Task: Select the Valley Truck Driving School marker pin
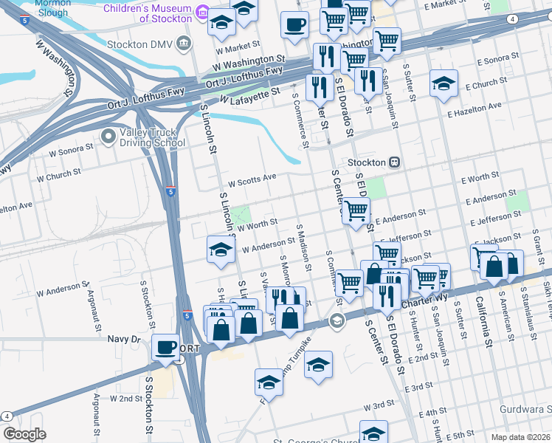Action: [109, 137]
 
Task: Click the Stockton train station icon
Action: [395, 162]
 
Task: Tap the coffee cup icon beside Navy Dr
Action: [165, 346]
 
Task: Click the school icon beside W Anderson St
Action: [220, 250]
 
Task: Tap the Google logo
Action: [24, 434]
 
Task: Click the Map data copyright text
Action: [520, 437]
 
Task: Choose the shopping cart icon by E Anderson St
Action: [356, 211]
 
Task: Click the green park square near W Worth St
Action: [239, 216]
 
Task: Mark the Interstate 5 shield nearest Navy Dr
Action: [188, 315]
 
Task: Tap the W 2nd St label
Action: [125, 398]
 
